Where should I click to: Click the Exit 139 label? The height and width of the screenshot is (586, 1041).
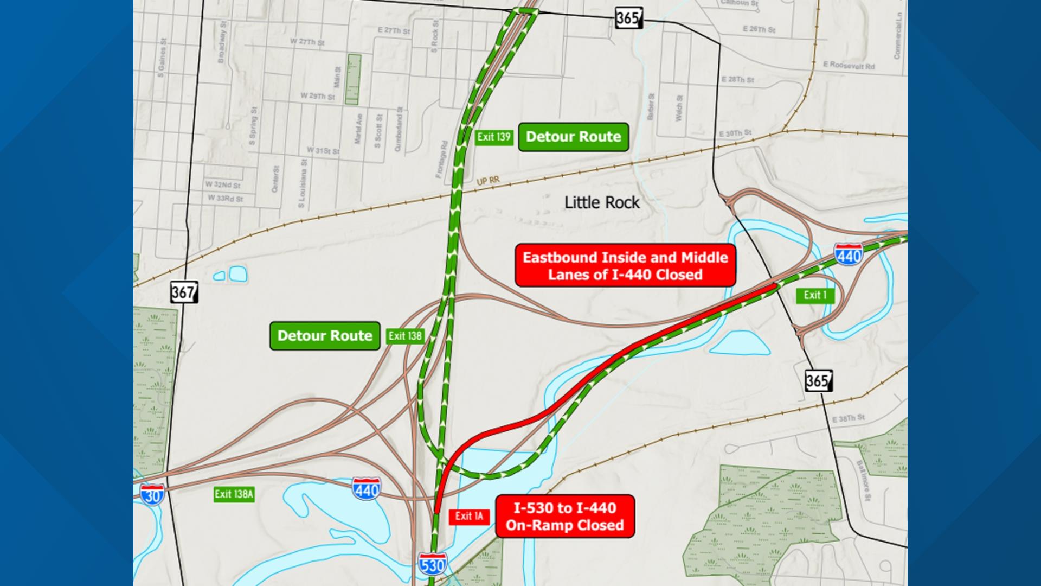point(493,137)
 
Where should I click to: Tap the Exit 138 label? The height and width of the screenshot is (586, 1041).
point(404,336)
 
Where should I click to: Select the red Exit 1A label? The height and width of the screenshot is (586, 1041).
point(469,516)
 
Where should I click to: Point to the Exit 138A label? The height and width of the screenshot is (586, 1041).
point(234,494)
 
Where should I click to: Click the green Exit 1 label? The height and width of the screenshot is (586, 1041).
point(815,295)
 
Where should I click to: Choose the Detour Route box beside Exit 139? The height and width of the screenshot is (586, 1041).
point(573,137)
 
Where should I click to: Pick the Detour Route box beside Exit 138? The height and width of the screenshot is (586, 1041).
point(325,336)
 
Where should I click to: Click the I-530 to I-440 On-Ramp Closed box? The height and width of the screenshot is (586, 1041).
point(564,516)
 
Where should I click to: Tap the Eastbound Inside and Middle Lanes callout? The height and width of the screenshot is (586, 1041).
point(625,265)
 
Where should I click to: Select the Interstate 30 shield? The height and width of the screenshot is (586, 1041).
point(152,494)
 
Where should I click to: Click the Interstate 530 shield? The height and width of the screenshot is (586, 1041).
point(432,564)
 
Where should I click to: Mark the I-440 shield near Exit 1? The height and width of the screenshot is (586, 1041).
point(849,254)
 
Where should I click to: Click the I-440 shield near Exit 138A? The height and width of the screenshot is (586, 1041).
point(366,489)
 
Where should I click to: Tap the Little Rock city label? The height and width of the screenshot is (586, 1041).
point(602,202)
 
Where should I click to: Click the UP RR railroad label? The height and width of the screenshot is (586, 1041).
point(488,181)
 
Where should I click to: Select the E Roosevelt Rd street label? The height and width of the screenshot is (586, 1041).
point(849,66)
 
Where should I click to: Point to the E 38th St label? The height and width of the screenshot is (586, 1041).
point(848,418)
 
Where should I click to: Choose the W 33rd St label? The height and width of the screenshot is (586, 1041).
point(225,199)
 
